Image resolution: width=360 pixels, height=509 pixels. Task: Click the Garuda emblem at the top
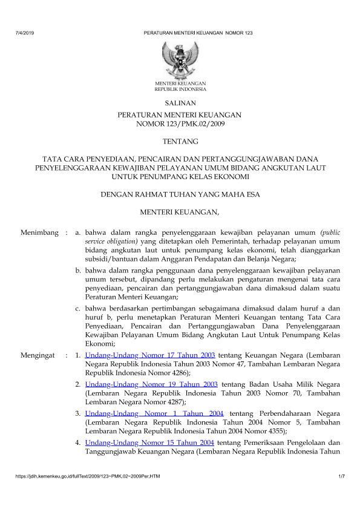180,59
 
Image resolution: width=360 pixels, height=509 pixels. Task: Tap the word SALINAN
180,104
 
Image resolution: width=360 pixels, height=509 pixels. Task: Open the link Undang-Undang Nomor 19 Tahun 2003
152,384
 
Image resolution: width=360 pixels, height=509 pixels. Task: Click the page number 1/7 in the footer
341,479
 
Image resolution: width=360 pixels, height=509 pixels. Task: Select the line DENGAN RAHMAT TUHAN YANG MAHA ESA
180,195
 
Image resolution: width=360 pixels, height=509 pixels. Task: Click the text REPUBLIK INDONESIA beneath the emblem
180,88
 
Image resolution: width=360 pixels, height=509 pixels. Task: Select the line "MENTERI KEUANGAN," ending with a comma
180,212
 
